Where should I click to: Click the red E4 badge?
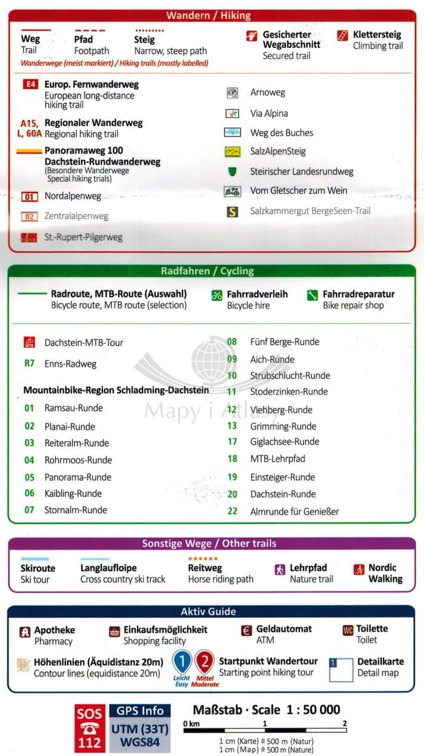point(30,85)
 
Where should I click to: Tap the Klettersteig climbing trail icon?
point(343,35)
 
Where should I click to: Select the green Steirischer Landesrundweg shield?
point(232,171)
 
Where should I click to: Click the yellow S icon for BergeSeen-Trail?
point(232,212)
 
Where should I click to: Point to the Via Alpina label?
point(269,113)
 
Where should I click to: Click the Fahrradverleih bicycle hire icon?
point(217,295)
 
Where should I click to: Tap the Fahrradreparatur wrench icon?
point(313,295)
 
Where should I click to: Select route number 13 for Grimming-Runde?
point(232,426)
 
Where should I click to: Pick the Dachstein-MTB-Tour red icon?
point(29,342)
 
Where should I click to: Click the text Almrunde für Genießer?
point(294,511)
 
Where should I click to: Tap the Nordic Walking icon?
point(359,569)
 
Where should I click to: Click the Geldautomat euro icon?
point(246,631)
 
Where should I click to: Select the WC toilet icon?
point(348,630)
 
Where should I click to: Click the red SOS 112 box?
point(89,728)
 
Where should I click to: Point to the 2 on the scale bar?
point(345,723)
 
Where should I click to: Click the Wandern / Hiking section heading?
point(216,16)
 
